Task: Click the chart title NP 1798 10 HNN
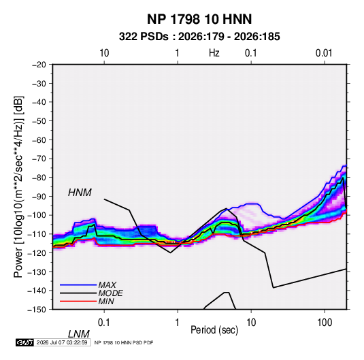tap(199, 19)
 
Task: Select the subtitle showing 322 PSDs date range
tap(199, 37)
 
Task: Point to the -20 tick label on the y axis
tap(39, 65)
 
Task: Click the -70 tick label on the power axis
tap(39, 159)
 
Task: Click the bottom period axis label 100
tap(325, 323)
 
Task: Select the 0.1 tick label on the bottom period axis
tap(104, 323)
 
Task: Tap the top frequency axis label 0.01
tap(324, 53)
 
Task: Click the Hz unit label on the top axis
tap(214, 53)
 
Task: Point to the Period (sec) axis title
tap(214, 330)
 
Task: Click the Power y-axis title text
tap(18, 187)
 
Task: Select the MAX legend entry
tap(107, 284)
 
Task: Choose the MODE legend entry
tap(110, 293)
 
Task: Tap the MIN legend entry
tap(106, 301)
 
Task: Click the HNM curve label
tap(80, 193)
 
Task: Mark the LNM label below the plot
tap(78, 334)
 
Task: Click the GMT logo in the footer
tap(24, 342)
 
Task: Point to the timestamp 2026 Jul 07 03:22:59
tap(62, 342)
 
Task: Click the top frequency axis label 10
tap(104, 53)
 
